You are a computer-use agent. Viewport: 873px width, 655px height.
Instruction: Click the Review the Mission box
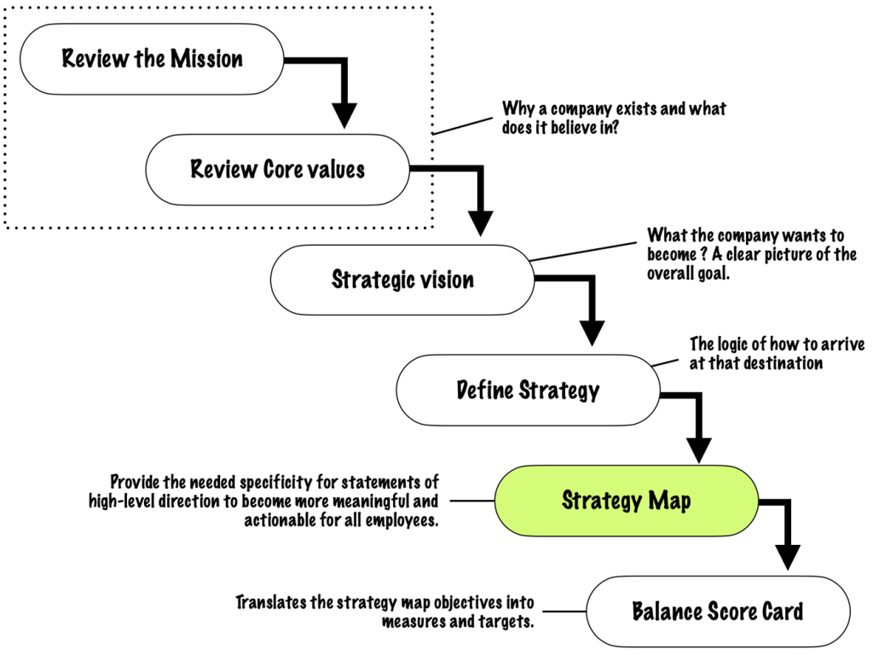[x=153, y=59]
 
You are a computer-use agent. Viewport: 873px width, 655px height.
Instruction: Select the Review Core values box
[x=277, y=169]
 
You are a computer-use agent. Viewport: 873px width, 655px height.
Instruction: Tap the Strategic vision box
[x=402, y=280]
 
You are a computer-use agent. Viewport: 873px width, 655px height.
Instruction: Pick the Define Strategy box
[x=527, y=391]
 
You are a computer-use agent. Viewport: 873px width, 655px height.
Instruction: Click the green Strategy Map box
[x=626, y=501]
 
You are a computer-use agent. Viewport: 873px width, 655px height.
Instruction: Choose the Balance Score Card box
[x=717, y=612]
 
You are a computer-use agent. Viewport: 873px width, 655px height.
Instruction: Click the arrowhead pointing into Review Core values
[x=344, y=115]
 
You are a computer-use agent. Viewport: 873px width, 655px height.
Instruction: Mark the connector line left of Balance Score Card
[x=564, y=612]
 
